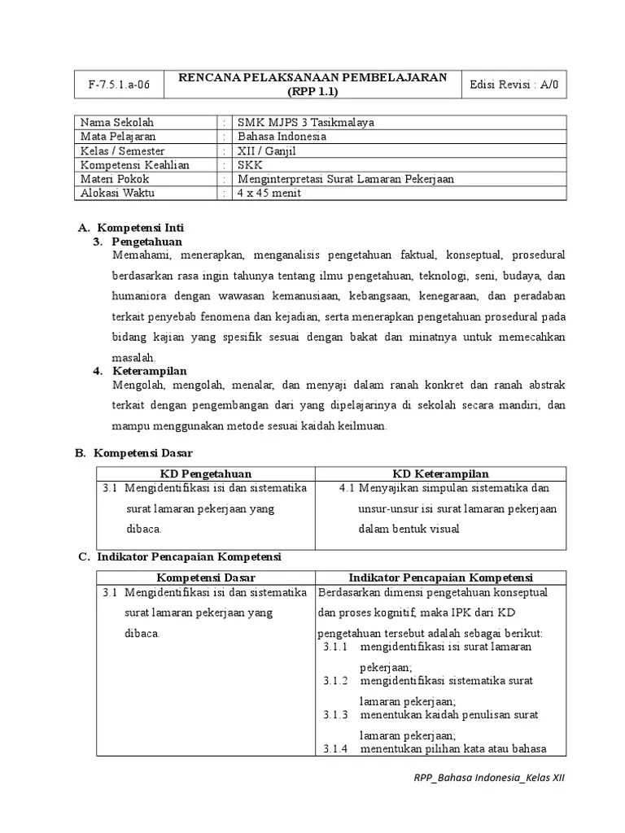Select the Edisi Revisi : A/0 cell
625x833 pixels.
[x=514, y=84]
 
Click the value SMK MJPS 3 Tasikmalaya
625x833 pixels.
[x=305, y=123]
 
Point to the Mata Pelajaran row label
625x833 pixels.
[x=118, y=137]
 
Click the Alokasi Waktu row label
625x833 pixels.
[x=117, y=193]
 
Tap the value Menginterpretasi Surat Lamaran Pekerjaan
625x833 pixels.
[x=345, y=179]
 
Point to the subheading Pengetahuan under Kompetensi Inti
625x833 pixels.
[x=147, y=242]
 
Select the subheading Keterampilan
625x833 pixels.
[x=150, y=371]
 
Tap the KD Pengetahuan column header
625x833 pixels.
[x=205, y=474]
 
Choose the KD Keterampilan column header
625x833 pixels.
[x=440, y=474]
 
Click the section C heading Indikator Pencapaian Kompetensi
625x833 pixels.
[x=189, y=556]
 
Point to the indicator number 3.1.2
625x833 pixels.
[x=335, y=681]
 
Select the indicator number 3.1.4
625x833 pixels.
[x=335, y=749]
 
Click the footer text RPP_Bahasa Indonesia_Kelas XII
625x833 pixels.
[x=488, y=778]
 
